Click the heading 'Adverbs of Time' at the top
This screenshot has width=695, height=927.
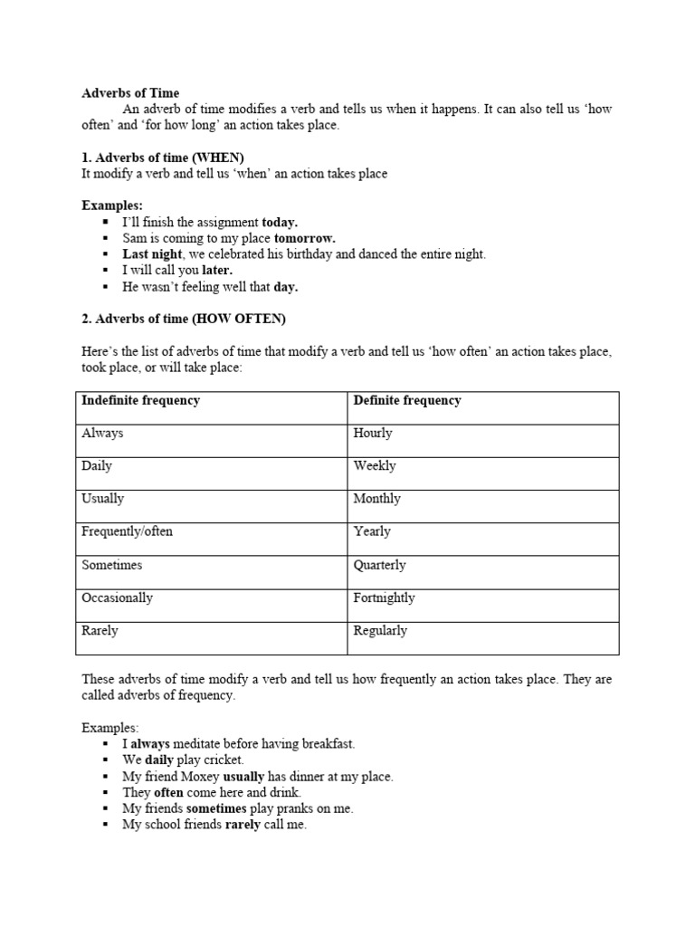(x=130, y=92)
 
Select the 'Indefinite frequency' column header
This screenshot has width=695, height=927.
(x=140, y=400)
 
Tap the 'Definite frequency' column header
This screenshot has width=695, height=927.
(x=407, y=400)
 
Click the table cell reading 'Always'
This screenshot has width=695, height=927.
(x=102, y=433)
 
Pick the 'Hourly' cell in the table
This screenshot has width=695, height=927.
(x=373, y=433)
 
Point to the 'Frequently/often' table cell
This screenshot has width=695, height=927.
(x=127, y=531)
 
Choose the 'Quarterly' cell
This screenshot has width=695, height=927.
(x=380, y=565)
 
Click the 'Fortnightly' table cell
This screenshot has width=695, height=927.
(x=385, y=597)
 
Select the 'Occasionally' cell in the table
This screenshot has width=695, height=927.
(x=117, y=597)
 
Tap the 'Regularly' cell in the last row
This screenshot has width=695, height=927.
(x=380, y=630)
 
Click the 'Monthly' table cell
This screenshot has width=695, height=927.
(x=376, y=499)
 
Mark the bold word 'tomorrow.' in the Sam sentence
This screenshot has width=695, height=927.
(x=305, y=238)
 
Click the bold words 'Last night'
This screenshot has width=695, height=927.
(x=152, y=254)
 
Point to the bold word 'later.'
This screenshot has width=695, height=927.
(x=217, y=271)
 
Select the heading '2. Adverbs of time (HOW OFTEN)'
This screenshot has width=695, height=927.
(x=184, y=319)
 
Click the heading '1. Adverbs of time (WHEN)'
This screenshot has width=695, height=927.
(x=163, y=158)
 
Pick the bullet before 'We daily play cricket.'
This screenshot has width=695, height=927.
(x=107, y=760)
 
